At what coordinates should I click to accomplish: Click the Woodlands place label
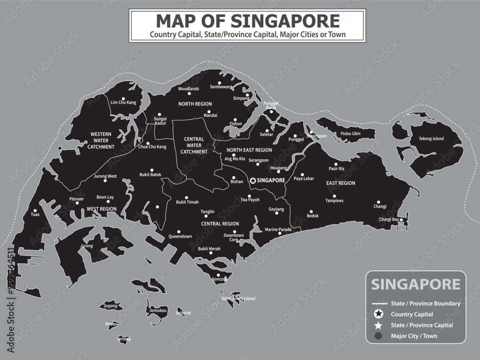189,89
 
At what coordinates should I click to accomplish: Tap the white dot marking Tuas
35,210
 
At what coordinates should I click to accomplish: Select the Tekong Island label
431,139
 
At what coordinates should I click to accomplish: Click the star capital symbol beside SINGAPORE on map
253,180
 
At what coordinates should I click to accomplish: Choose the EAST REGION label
340,183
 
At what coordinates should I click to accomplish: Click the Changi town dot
378,202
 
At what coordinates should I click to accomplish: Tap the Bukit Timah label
187,202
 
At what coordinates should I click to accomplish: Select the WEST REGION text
101,209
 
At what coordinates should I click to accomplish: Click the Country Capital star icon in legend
379,314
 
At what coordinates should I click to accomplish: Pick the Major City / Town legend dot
379,336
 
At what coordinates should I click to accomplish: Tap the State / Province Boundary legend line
380,303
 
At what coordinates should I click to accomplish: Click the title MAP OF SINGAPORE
248,21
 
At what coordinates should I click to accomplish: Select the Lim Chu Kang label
123,103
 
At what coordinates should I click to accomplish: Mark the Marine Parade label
278,229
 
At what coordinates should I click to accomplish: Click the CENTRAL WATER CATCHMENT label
194,145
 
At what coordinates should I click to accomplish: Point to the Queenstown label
180,237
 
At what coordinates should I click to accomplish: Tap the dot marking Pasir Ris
336,163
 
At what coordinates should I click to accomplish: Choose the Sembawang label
221,87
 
